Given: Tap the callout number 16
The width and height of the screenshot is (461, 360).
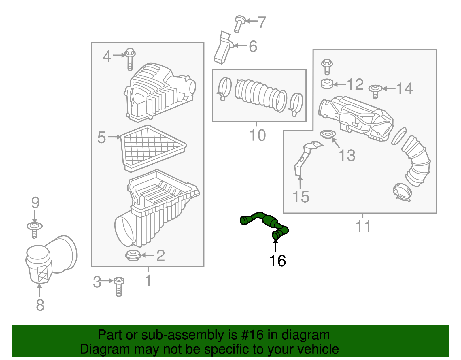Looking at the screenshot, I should pyautogui.click(x=277, y=261).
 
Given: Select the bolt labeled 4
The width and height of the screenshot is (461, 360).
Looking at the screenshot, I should pyautogui.click(x=130, y=59).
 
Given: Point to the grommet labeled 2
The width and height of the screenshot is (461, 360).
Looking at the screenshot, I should pyautogui.click(x=133, y=256).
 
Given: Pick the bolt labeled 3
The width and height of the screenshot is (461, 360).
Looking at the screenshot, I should pyautogui.click(x=119, y=286).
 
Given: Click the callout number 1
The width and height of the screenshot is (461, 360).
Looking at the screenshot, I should pyautogui.click(x=148, y=280).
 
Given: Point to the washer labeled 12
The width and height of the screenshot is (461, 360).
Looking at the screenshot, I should pyautogui.click(x=327, y=84).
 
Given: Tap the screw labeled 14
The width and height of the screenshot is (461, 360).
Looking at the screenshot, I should pyautogui.click(x=375, y=91).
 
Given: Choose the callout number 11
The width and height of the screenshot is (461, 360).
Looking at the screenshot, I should pyautogui.click(x=363, y=226).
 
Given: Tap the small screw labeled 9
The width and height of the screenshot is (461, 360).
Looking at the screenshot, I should pyautogui.click(x=34, y=229).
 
